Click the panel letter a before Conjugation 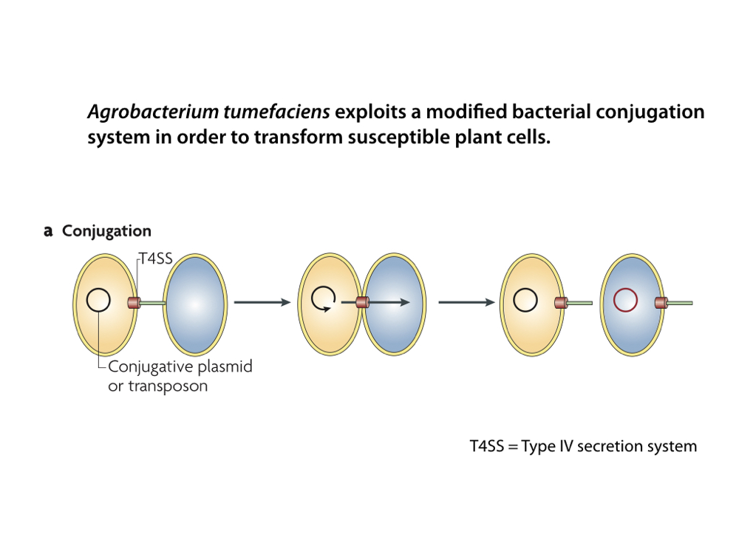pos(48,231)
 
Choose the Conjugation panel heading pos(106,231)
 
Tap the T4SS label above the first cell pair pos(156,259)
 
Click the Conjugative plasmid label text pos(180,366)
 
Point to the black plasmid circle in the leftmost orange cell pos(98,301)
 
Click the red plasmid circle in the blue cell pos(625,301)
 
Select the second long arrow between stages pos(466,302)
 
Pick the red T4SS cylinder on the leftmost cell pos(134,302)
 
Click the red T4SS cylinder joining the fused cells pos(362,302)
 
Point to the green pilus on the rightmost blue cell pos(680,302)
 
